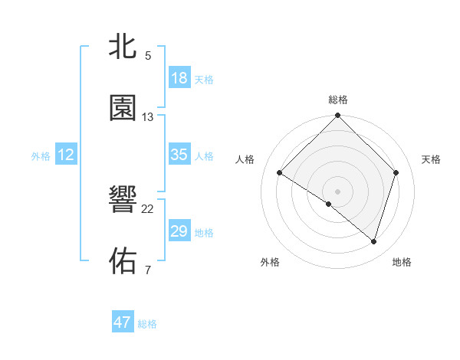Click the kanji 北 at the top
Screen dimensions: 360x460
pyautogui.click(x=123, y=46)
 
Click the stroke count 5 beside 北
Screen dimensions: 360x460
pyautogui.click(x=148, y=55)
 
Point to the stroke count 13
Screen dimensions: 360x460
pyautogui.click(x=148, y=117)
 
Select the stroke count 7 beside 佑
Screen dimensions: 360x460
pyautogui.click(x=148, y=270)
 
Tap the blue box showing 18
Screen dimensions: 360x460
pyautogui.click(x=179, y=78)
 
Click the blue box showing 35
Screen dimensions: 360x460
pyautogui.click(x=179, y=155)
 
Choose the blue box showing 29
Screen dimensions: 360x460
pyautogui.click(x=179, y=231)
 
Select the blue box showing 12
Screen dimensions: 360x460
pyautogui.click(x=66, y=155)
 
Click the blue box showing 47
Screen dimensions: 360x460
pyautogui.click(x=123, y=322)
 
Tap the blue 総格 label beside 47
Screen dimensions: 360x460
pyautogui.click(x=148, y=324)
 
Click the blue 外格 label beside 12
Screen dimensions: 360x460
pyautogui.click(x=41, y=156)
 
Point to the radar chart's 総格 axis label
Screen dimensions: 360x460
pyautogui.click(x=338, y=100)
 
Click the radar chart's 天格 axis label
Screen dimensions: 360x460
pyautogui.click(x=432, y=159)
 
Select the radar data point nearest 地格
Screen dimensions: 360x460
pyautogui.click(x=374, y=241)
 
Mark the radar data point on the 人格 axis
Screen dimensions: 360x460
pyautogui.click(x=280, y=173)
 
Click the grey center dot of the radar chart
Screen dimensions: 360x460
pyautogui.click(x=338, y=191)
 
